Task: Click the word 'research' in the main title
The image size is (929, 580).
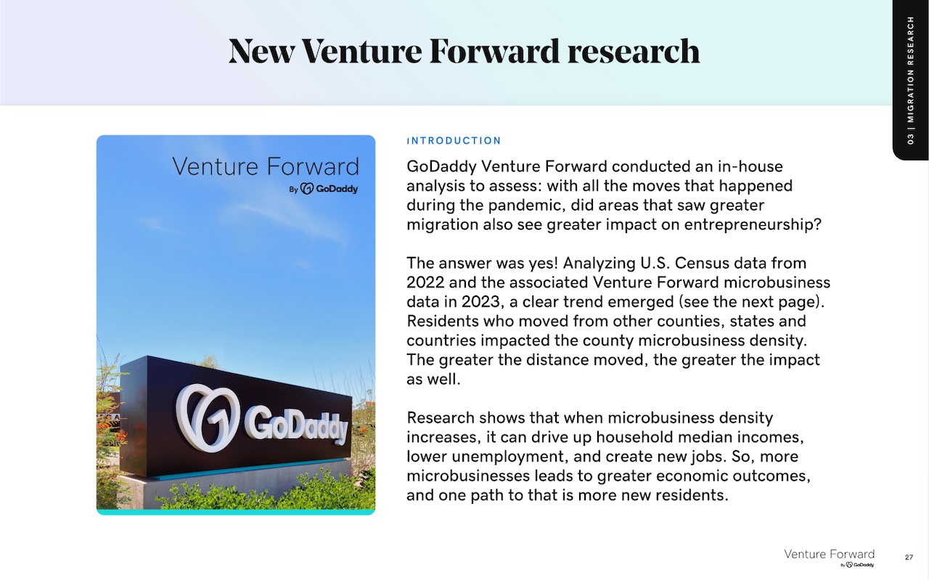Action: [634, 52]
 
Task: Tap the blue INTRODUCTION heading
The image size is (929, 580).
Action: [454, 141]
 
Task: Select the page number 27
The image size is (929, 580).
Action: [909, 557]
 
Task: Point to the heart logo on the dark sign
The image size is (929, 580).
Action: [208, 417]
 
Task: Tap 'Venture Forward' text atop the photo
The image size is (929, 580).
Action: [266, 166]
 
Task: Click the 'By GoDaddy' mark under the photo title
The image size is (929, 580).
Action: [324, 189]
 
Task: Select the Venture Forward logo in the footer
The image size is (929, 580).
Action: [829, 557]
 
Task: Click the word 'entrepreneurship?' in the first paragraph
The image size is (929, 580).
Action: [753, 225]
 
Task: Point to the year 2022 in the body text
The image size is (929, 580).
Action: [425, 282]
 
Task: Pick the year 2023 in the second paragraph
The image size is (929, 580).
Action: [483, 302]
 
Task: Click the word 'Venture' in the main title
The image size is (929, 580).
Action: [361, 52]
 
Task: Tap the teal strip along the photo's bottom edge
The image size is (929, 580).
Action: [236, 512]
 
